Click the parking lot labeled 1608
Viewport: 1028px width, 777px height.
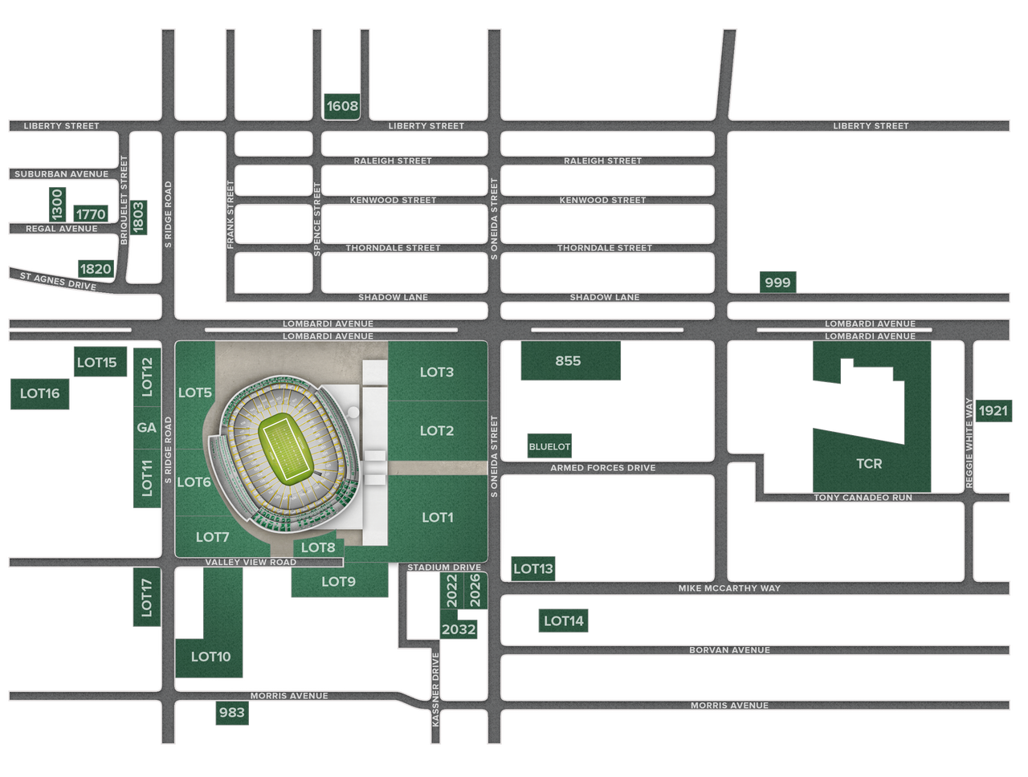[341, 106]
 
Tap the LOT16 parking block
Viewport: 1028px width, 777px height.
[40, 393]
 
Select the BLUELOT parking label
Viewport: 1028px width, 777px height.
[549, 445]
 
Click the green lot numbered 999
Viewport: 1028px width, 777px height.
[777, 282]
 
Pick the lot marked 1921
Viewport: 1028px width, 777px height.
[993, 410]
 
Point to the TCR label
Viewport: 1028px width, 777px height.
[869, 464]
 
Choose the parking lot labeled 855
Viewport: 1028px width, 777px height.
[569, 361]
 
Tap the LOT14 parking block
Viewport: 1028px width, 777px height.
[564, 620]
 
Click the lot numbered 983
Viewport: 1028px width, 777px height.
[231, 713]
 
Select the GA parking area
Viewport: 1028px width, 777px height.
[146, 428]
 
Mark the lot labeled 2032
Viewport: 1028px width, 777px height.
[459, 629]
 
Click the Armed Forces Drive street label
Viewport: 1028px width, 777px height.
[602, 468]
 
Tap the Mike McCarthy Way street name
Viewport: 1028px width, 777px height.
[729, 588]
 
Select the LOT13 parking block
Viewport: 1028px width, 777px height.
[533, 569]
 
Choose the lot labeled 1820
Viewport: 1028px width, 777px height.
[95, 268]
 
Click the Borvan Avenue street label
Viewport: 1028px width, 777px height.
[729, 650]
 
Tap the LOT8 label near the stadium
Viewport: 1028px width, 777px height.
[318, 547]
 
